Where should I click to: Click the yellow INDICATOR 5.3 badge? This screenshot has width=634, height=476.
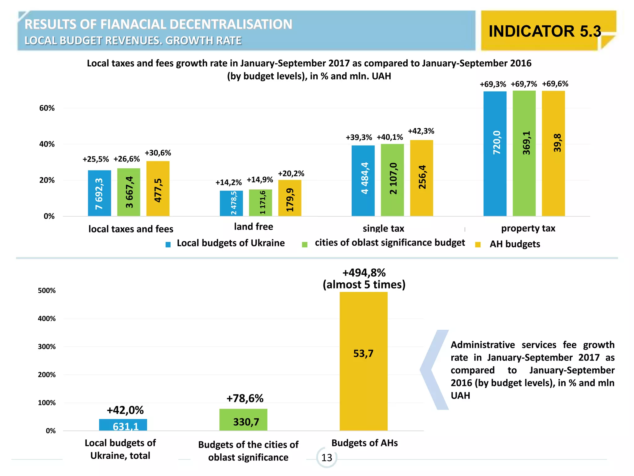[x=545, y=31]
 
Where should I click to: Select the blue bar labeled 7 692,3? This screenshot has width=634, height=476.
[x=99, y=193]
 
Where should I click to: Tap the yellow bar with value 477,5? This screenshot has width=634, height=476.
[x=158, y=189]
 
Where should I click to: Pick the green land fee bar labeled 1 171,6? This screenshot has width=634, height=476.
[x=261, y=203]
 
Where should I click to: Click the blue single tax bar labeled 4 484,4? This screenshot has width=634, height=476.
[x=363, y=181]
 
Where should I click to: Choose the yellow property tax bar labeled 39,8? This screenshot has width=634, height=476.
[x=553, y=153]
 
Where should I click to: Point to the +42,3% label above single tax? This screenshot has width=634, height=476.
[x=421, y=131]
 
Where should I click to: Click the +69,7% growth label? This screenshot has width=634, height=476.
[x=524, y=84]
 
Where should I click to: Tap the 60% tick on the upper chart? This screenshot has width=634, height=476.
[x=47, y=108]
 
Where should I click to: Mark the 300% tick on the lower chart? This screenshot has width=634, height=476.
[x=47, y=347]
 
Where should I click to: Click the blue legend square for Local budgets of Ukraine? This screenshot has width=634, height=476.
[x=168, y=245]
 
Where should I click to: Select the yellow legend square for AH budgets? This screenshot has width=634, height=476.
[x=478, y=245]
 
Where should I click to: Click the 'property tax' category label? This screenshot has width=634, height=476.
[x=528, y=228]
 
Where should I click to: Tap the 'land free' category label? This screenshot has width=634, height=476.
[x=254, y=227]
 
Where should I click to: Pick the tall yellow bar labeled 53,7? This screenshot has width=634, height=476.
[x=363, y=361]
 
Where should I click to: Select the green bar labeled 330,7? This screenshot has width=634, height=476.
[x=243, y=420]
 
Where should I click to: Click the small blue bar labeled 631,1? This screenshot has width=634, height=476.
[x=123, y=425]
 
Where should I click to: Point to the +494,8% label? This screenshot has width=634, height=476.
[x=364, y=273]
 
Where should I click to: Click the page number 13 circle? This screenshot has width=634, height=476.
[x=327, y=457]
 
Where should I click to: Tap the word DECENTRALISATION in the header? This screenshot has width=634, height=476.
[x=231, y=24]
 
